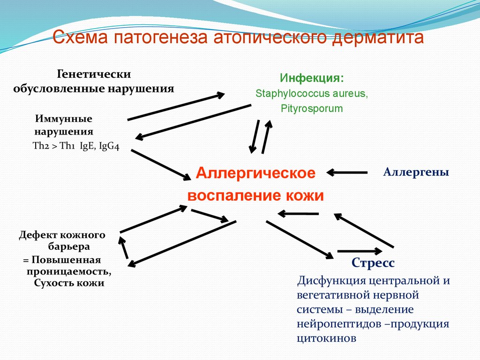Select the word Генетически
[x=94, y=74]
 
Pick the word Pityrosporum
[x=312, y=109]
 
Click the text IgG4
[x=110, y=146]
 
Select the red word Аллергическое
[x=256, y=172]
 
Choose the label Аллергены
[x=416, y=172]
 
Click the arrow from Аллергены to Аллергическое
[x=347, y=172]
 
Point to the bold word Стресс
[x=373, y=263]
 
